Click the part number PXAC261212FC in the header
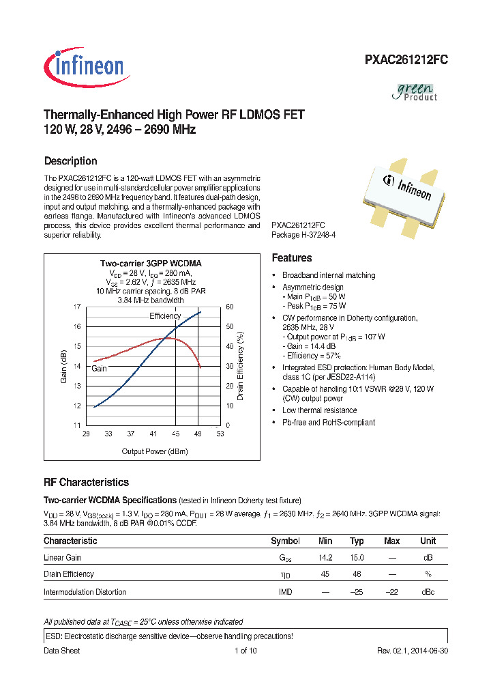(405, 60)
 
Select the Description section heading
(70, 161)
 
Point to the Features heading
(292, 258)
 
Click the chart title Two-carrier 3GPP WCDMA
(151, 263)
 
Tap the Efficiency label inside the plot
(165, 316)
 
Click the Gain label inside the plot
(100, 368)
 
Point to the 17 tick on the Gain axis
(77, 307)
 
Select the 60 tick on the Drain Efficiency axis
(230, 307)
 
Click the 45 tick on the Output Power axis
(175, 434)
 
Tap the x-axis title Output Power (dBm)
(154, 451)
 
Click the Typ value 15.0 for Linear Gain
(357, 557)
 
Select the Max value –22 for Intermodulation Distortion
(391, 591)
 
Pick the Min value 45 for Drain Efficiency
(325, 574)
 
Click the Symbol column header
(285, 541)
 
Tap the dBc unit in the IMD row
(428, 591)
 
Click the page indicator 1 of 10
(245, 651)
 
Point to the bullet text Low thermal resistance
(319, 410)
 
